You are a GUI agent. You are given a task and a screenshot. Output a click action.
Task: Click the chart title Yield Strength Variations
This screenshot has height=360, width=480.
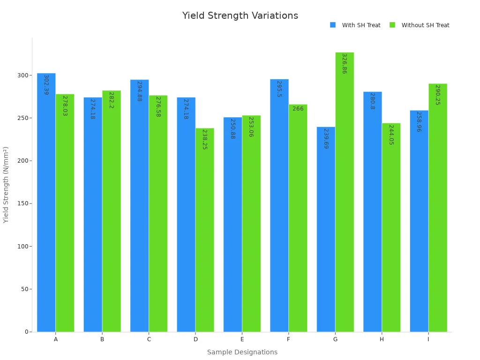[240, 16]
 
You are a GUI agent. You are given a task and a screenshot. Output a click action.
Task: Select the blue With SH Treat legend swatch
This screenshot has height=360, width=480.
[333, 25]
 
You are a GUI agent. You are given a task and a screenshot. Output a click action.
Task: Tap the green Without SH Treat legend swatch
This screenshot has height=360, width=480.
[392, 25]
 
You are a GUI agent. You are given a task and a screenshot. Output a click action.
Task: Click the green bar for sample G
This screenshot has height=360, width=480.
[345, 192]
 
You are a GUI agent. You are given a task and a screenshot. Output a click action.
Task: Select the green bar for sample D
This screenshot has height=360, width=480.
[205, 230]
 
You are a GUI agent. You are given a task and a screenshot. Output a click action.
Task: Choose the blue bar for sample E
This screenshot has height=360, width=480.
[232, 225]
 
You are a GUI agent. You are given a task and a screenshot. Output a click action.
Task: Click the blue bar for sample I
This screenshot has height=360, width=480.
[419, 221]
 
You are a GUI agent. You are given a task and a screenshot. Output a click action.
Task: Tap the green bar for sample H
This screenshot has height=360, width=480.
[391, 227]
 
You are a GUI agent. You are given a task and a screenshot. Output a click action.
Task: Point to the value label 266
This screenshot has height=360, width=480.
[298, 109]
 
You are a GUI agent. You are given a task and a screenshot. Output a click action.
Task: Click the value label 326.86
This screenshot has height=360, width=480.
[344, 63]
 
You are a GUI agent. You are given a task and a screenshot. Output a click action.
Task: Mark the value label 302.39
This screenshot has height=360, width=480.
[46, 85]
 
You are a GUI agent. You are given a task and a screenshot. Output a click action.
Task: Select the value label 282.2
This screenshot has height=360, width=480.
[111, 100]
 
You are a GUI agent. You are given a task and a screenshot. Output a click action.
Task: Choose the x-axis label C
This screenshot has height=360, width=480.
[149, 339]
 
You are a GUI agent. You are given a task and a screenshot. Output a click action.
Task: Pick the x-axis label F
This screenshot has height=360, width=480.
[288, 339]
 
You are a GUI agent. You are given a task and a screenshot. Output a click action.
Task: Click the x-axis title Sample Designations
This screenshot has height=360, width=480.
[242, 352]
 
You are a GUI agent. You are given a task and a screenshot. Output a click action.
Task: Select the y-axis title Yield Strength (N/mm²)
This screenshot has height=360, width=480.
[6, 185]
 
